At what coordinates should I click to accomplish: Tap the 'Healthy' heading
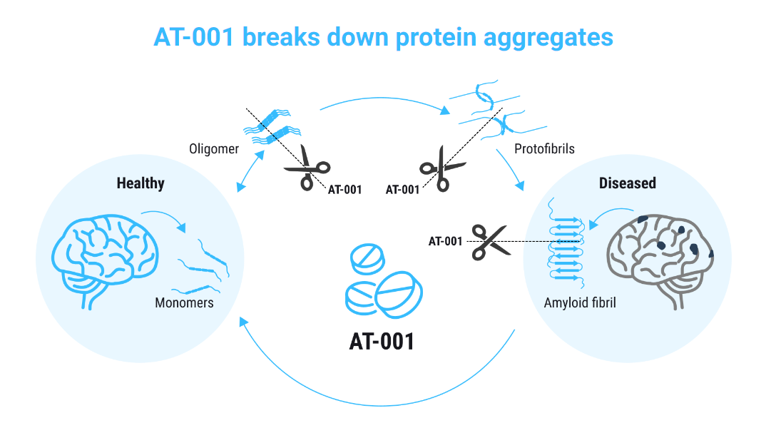click(x=141, y=183)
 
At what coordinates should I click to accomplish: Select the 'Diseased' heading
click(x=627, y=183)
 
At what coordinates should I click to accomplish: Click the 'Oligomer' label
click(x=213, y=150)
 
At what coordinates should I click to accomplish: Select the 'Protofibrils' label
click(x=544, y=151)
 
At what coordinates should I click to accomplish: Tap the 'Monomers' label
click(x=184, y=302)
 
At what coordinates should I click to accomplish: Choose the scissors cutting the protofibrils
click(x=441, y=168)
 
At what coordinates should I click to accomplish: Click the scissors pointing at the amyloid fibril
click(x=488, y=242)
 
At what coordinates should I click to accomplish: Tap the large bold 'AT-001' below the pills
click(x=382, y=340)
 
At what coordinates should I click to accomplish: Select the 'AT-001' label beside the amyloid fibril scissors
click(x=445, y=242)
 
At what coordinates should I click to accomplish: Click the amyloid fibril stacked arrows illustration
click(x=566, y=246)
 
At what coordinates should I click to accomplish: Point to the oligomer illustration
click(x=272, y=126)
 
